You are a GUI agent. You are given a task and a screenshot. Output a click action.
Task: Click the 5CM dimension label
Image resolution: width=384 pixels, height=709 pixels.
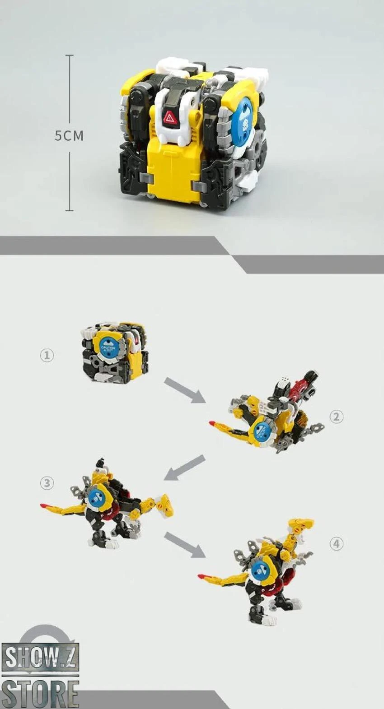coord(69,135)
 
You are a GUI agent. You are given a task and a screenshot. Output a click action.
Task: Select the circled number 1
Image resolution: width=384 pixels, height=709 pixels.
coord(47,355)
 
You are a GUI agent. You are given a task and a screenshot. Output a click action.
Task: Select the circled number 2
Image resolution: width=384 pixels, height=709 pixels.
coord(336,417)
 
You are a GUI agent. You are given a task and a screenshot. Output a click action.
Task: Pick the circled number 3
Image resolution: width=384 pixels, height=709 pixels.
coord(47,483)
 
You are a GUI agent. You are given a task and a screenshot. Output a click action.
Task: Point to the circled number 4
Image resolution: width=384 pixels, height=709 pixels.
coord(336,544)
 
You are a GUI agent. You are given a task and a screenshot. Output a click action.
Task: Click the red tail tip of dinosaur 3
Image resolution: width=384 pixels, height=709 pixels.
coord(44,505)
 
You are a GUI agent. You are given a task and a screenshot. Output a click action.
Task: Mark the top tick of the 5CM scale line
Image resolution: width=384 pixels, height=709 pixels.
coord(69,56)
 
